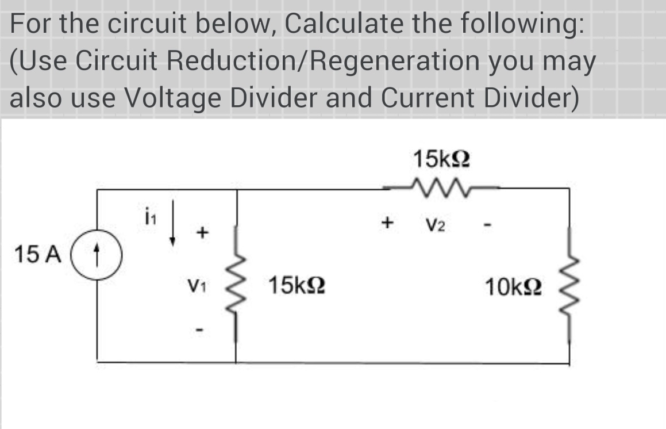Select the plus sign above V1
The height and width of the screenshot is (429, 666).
pyautogui.click(x=201, y=233)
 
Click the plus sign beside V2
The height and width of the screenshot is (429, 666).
pyautogui.click(x=389, y=221)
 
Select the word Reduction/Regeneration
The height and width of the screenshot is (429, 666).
pyautogui.click(x=310, y=60)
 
